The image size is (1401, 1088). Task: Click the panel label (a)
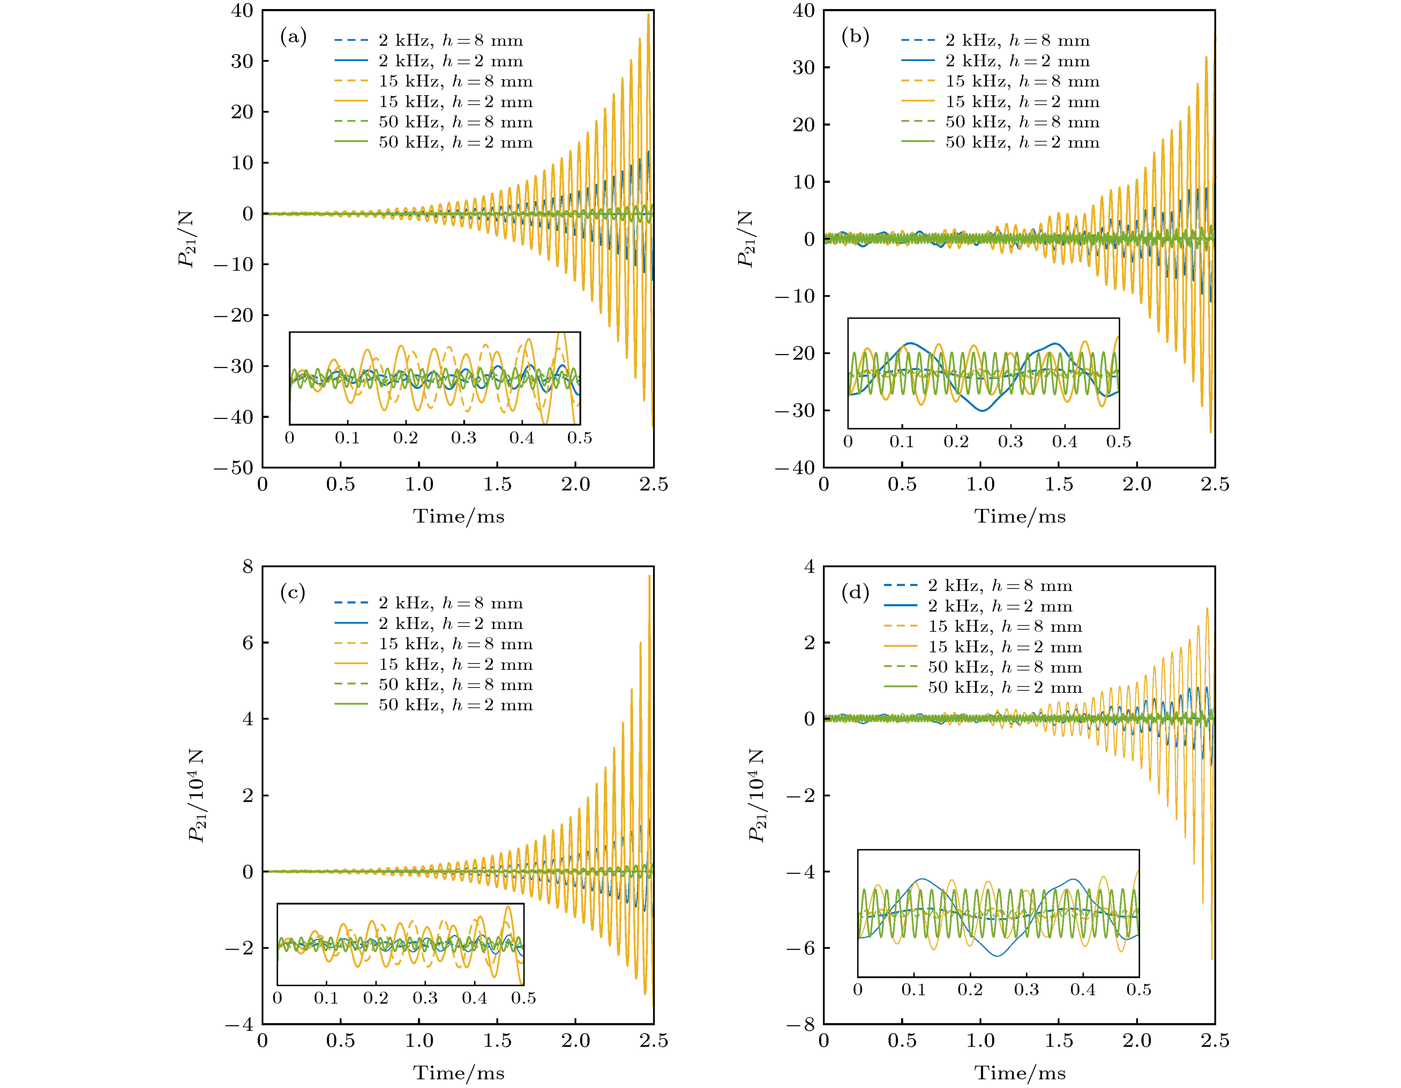tap(293, 37)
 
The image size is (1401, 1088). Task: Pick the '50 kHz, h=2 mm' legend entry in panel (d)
tap(1005, 688)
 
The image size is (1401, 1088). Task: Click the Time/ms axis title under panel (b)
tap(1020, 516)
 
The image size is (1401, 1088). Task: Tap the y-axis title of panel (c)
tap(196, 795)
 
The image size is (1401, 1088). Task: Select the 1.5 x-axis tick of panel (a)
tap(497, 484)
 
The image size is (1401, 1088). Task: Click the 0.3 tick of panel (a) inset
tap(463, 438)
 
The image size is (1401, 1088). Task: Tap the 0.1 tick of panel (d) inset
tap(913, 990)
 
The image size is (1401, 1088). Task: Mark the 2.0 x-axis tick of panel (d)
tap(1137, 1041)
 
